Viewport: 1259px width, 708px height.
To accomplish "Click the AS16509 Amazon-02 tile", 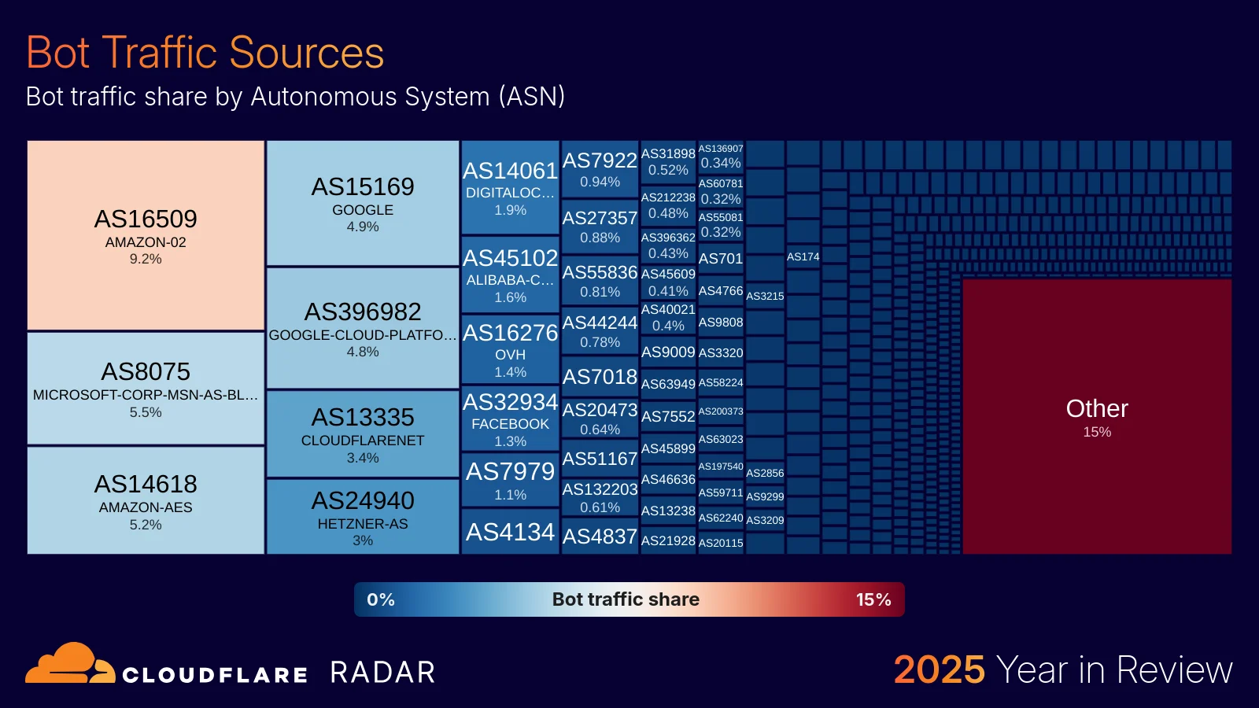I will pos(146,235).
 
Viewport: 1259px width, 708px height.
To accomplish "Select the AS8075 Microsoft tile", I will pos(146,389).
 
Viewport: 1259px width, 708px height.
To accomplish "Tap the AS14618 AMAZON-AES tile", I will pos(146,501).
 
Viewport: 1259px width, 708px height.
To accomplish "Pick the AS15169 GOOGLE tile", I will pos(363,203).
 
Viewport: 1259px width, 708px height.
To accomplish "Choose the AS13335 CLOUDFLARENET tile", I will pos(363,434).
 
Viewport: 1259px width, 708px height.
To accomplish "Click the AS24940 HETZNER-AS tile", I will pos(363,517).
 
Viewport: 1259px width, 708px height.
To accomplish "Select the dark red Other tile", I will pos(1097,417).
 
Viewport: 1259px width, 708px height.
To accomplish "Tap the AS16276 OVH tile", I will pos(510,349).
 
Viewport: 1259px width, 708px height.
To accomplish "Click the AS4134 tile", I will pos(510,533).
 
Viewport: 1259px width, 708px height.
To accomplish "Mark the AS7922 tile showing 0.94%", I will pos(600,169).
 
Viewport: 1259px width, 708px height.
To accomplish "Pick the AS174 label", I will pos(803,256).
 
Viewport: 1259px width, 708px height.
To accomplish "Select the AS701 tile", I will pos(721,259).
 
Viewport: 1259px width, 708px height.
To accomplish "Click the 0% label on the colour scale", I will pos(381,599).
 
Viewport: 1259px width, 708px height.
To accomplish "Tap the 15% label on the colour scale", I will pos(873,599).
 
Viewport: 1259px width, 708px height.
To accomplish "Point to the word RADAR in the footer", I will pos(382,673).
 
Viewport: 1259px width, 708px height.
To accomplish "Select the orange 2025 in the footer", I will pos(939,670).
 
